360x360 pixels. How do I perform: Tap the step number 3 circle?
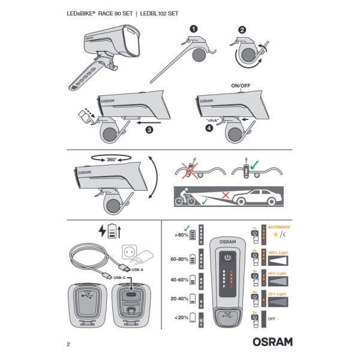(149, 128)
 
